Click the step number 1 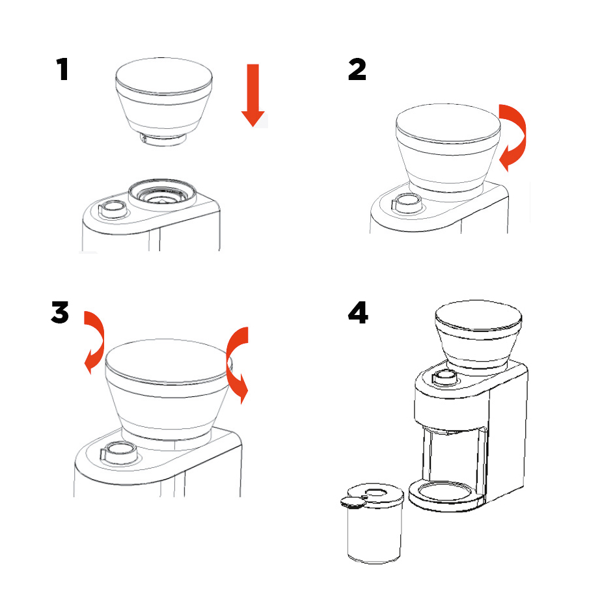62,69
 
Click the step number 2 357,69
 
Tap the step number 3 60,312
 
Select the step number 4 358,312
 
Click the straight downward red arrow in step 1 253,95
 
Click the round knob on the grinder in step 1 113,210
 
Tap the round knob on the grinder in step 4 445,377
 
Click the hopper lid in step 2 448,124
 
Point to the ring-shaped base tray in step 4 445,497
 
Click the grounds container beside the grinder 372,524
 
